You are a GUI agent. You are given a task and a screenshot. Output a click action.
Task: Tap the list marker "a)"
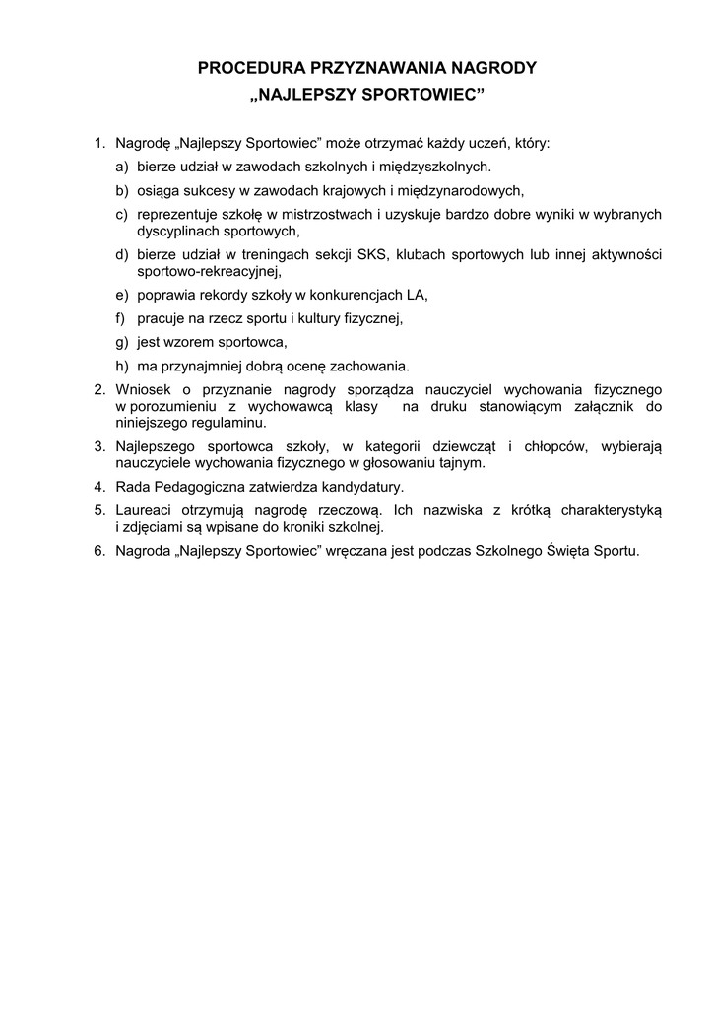click(x=122, y=168)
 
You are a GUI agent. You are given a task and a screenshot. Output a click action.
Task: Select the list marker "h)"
click(x=122, y=366)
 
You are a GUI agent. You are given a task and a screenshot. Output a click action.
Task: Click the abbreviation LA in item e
click(x=417, y=295)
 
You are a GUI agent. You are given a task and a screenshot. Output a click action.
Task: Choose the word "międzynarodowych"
click(x=460, y=191)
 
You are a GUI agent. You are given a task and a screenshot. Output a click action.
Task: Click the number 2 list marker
click(x=100, y=389)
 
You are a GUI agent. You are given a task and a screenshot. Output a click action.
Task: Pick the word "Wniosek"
click(x=140, y=389)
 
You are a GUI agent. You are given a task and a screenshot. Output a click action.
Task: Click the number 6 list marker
click(x=100, y=551)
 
